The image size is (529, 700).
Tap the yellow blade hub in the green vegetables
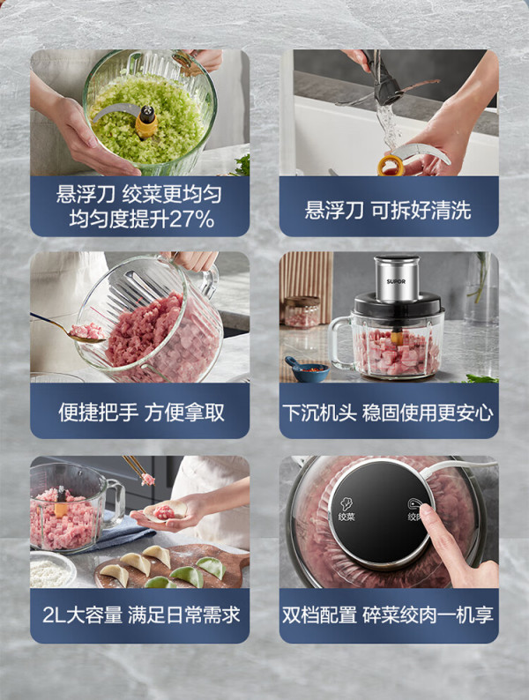(146, 122)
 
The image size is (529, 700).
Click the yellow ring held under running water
(391, 166)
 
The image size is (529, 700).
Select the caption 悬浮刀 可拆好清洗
(387, 211)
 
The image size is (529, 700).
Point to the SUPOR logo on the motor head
(396, 282)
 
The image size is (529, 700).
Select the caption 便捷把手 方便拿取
(141, 413)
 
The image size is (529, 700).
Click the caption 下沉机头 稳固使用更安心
(387, 413)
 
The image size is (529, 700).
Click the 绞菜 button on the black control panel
(346, 510)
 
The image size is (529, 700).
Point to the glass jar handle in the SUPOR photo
(339, 342)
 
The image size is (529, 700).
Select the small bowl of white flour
(53, 570)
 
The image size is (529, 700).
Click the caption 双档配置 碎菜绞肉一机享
(387, 615)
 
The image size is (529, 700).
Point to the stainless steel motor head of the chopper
(397, 278)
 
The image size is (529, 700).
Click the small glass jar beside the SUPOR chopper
(302, 311)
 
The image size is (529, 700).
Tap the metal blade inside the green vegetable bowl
(115, 112)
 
